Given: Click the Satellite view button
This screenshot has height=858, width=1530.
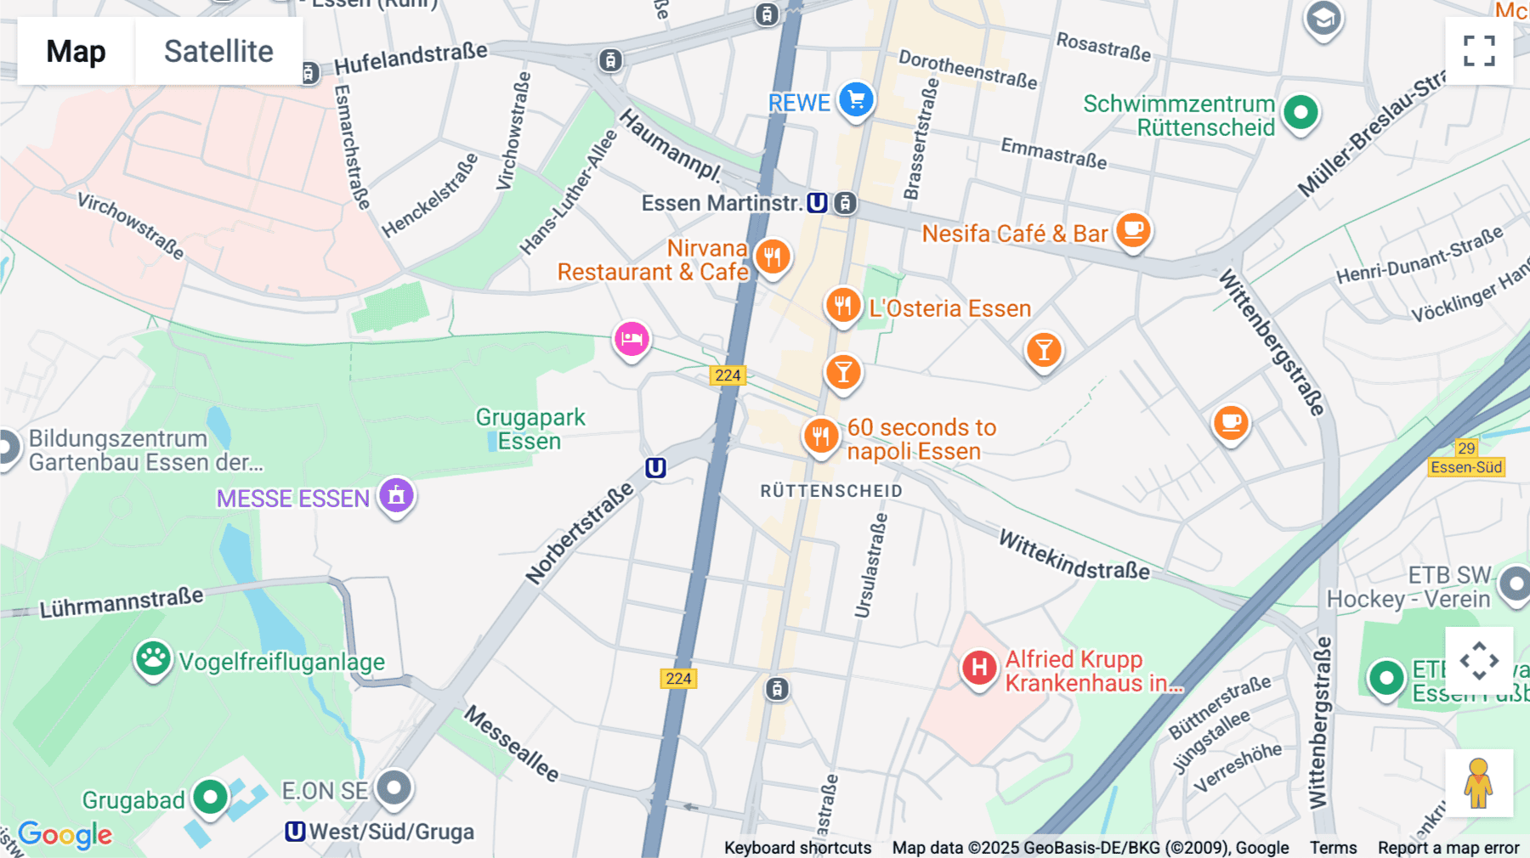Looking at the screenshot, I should (x=218, y=51).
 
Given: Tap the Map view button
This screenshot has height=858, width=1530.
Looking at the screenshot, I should (x=76, y=51).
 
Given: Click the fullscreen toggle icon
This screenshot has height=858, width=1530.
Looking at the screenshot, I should (x=1479, y=51).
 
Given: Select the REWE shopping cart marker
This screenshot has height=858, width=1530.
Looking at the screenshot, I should (x=856, y=100).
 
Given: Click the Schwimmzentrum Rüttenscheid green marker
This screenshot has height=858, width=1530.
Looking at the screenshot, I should (x=1300, y=111).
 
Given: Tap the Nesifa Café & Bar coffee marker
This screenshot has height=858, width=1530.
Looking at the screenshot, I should (x=1133, y=229).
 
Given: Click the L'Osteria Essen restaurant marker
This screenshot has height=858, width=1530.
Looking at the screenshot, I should (x=842, y=305).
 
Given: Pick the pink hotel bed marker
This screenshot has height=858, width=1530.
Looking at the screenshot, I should (x=632, y=339).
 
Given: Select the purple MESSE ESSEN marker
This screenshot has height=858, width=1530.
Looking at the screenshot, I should (x=396, y=495).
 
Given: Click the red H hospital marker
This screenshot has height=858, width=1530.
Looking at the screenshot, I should (x=978, y=668).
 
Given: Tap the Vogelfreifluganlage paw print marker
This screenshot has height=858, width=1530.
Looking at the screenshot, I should (x=153, y=658).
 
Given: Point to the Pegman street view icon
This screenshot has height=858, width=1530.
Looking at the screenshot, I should (x=1478, y=782).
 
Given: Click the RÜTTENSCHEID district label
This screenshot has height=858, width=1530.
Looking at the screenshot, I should (x=830, y=491).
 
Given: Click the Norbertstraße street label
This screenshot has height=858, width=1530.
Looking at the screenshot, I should (x=580, y=533).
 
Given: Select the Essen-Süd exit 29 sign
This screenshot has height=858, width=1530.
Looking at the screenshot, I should (x=1466, y=459).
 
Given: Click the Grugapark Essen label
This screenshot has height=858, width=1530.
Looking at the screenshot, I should (x=530, y=429).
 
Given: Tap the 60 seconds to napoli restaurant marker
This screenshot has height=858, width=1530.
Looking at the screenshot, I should (x=820, y=437).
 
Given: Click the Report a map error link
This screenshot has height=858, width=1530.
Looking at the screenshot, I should (x=1448, y=848).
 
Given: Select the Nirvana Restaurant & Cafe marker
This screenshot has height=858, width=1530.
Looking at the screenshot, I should (x=773, y=257).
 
